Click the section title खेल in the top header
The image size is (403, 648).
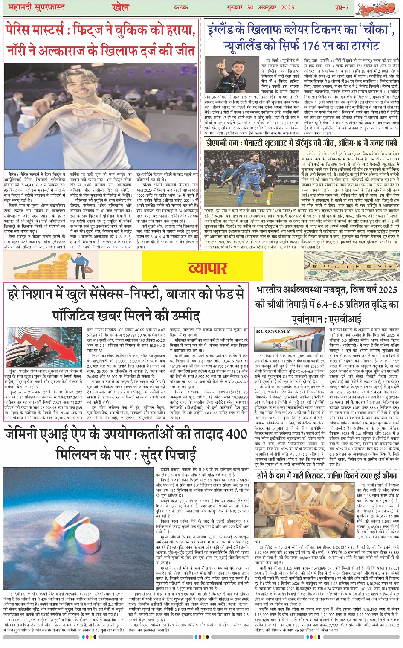pyautogui.click(x=120, y=7)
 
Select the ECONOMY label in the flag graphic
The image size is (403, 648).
pyautogui.click(x=273, y=331)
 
